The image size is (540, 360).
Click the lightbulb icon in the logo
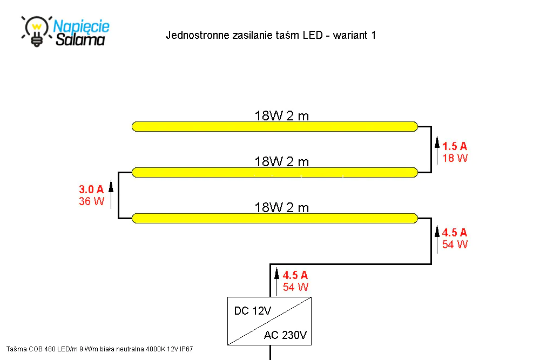37,31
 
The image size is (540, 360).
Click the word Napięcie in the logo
82,26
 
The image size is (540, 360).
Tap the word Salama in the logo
80,39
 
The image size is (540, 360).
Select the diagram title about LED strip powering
271,35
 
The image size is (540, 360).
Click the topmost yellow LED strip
275,127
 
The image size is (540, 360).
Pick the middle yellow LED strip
275,172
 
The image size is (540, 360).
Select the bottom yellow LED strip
275,218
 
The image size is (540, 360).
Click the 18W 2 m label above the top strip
282,116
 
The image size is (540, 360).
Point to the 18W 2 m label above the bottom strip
282,208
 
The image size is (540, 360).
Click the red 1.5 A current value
455,146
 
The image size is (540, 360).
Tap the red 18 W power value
455,158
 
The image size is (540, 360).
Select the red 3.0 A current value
91,189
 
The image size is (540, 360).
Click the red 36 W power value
91,201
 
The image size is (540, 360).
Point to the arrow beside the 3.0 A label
111,195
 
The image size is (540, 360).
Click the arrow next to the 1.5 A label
437,151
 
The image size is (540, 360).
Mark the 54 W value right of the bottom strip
455,244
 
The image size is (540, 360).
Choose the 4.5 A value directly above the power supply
295,275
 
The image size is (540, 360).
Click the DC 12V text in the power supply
252,311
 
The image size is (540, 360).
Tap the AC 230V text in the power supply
285,335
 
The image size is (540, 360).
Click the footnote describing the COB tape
99,349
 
